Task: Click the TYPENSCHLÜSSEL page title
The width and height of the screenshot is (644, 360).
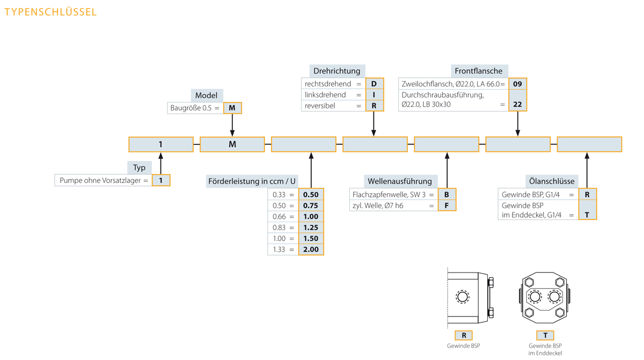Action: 50,12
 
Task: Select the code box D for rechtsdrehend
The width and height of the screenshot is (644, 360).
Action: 375,84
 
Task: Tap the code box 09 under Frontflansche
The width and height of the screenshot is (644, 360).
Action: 517,84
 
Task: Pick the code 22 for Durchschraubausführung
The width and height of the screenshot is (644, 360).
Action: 517,104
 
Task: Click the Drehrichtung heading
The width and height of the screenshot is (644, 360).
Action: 337,71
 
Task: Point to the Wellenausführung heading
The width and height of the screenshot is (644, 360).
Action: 400,181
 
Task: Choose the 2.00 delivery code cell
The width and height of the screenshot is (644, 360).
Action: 311,249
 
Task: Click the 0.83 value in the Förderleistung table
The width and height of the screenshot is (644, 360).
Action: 279,227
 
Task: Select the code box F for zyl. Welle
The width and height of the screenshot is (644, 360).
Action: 447,205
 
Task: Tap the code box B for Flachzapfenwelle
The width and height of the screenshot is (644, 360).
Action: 447,195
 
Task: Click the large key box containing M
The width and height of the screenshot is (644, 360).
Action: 232,144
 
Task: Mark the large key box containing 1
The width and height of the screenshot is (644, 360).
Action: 161,144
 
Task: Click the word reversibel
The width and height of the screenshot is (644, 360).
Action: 320,106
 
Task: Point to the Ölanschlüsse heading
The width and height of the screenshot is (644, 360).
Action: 552,181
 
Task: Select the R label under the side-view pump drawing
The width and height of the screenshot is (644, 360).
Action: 464,335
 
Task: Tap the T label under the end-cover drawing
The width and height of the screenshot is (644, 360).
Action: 545,335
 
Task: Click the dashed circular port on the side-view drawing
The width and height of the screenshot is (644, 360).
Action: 463,297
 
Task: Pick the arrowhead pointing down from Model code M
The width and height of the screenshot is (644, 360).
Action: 232,133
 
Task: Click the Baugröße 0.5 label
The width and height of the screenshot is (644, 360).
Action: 191,108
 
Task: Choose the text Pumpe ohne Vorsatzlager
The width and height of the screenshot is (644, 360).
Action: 100,180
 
